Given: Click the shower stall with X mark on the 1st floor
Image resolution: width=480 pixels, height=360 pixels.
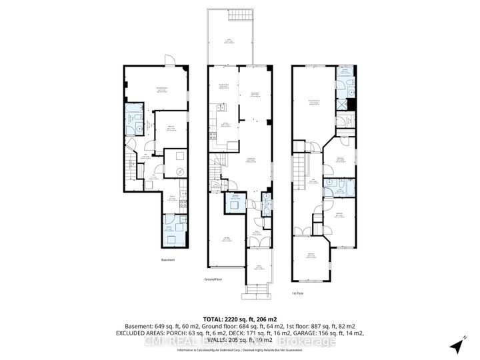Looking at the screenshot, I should coord(344,103).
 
